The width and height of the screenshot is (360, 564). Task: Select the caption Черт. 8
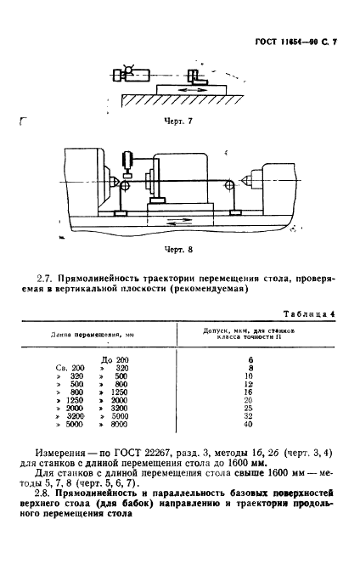point(178,251)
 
